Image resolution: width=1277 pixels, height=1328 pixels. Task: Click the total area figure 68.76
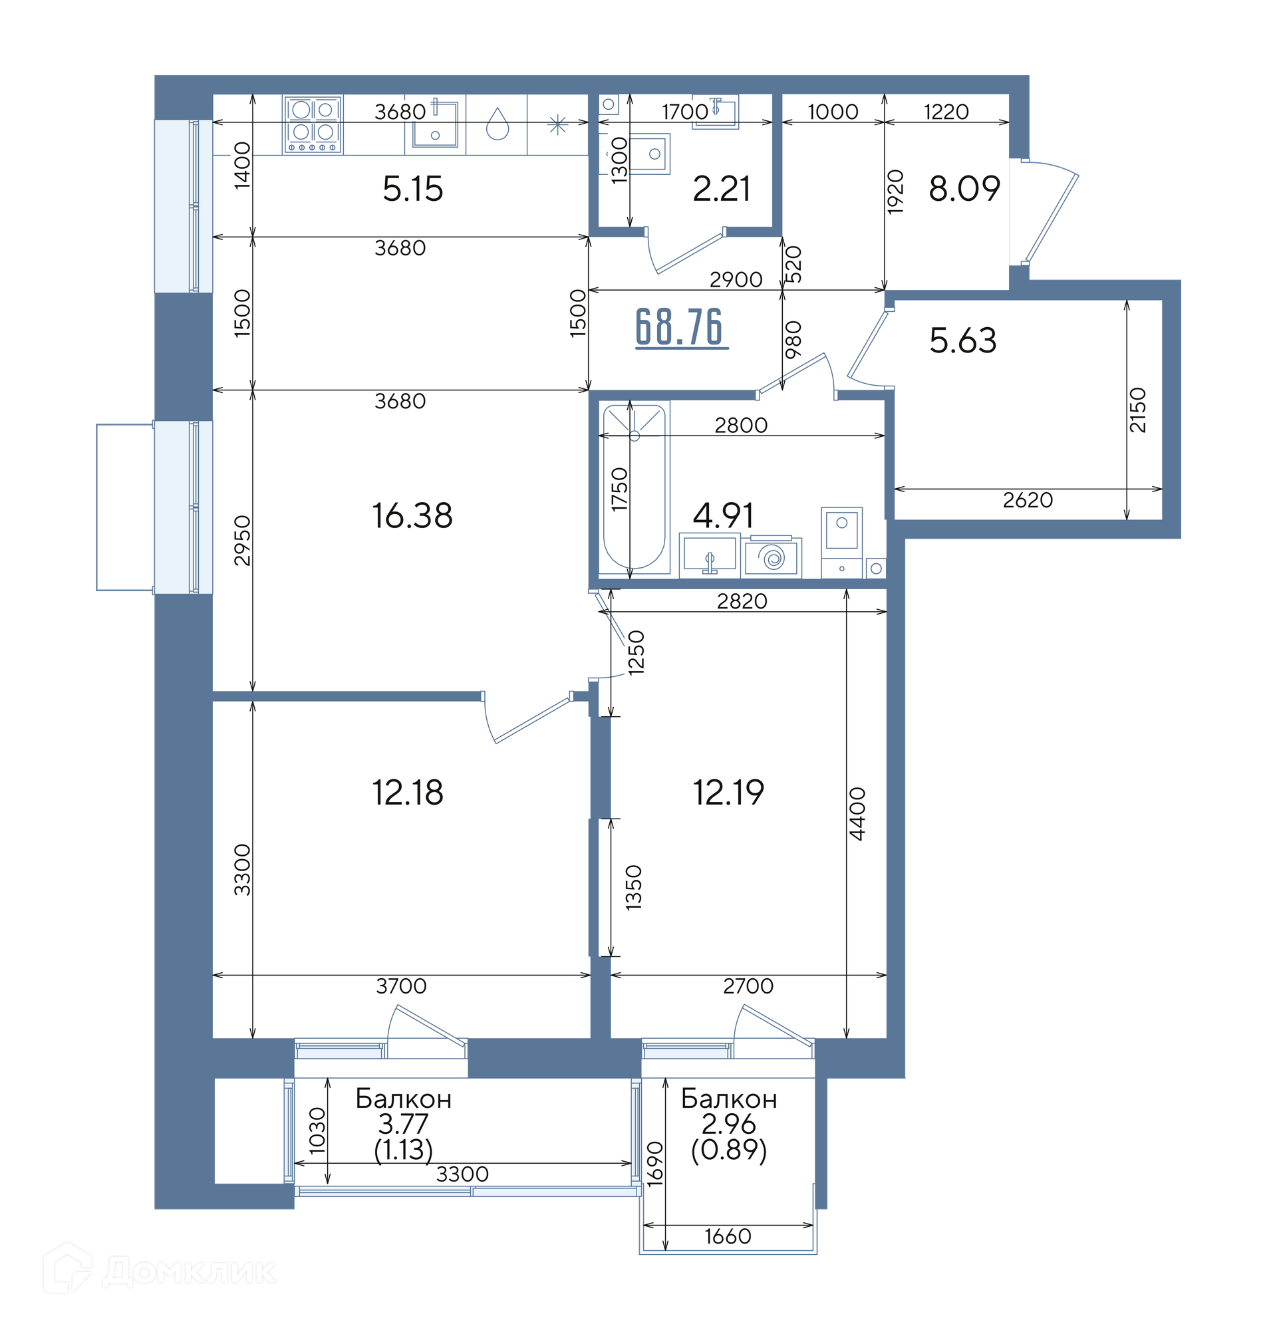(678, 327)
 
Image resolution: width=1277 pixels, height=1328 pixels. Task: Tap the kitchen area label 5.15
(413, 189)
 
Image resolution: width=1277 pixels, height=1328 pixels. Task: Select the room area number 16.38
(412, 515)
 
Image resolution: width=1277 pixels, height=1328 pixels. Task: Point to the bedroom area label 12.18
(408, 793)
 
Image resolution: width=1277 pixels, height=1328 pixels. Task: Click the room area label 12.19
(728, 793)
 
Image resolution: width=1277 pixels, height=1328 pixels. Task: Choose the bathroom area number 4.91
(722, 516)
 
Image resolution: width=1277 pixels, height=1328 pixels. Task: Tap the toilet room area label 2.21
(721, 189)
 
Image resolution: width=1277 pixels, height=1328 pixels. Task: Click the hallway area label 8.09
(964, 189)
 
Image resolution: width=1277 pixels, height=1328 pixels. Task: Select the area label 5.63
(962, 340)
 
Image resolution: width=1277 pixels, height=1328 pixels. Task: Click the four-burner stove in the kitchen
(313, 124)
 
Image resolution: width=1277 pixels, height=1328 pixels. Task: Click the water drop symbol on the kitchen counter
(497, 124)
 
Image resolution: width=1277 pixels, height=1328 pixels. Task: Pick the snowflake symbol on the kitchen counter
(557, 124)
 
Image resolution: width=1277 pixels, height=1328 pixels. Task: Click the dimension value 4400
(857, 814)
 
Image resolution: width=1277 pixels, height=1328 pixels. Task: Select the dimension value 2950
(242, 541)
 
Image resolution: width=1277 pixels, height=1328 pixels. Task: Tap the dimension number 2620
(1028, 500)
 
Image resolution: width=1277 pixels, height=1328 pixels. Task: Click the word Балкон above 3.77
(403, 1099)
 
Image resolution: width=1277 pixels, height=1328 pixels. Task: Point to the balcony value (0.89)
(729, 1150)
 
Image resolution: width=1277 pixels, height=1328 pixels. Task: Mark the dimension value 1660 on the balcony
(728, 1236)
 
